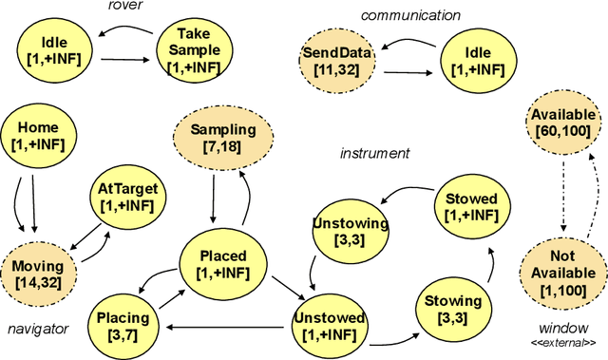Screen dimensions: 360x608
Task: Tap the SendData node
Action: [x=337, y=59]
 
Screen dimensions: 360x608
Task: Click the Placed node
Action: [x=223, y=264]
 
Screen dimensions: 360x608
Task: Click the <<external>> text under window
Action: [x=563, y=341]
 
